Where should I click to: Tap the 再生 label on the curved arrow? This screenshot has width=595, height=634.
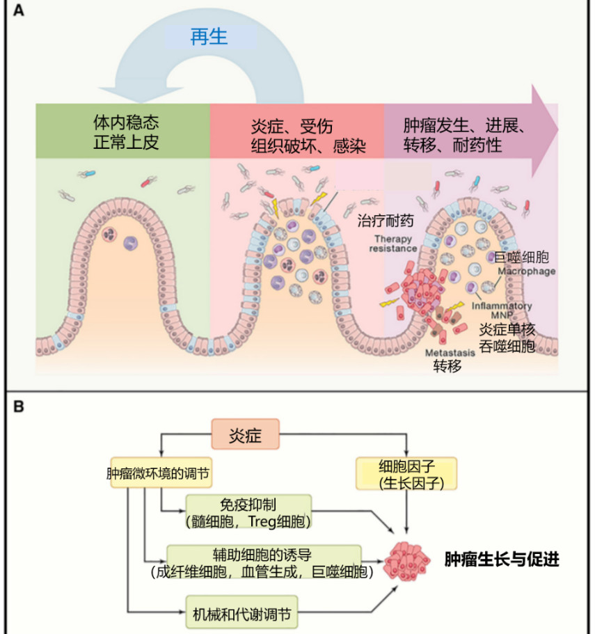pos(209,36)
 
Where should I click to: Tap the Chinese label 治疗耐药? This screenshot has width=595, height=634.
pos(386,221)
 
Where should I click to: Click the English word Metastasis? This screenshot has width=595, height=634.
pos(450,352)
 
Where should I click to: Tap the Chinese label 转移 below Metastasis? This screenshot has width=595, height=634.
pos(447,366)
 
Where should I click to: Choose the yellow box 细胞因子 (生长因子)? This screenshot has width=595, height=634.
pos(407,473)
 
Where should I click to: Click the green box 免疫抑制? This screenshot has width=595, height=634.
pos(248,512)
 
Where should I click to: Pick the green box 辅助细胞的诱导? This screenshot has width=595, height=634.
pos(264,562)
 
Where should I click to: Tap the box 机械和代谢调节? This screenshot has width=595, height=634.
pos(241,615)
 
